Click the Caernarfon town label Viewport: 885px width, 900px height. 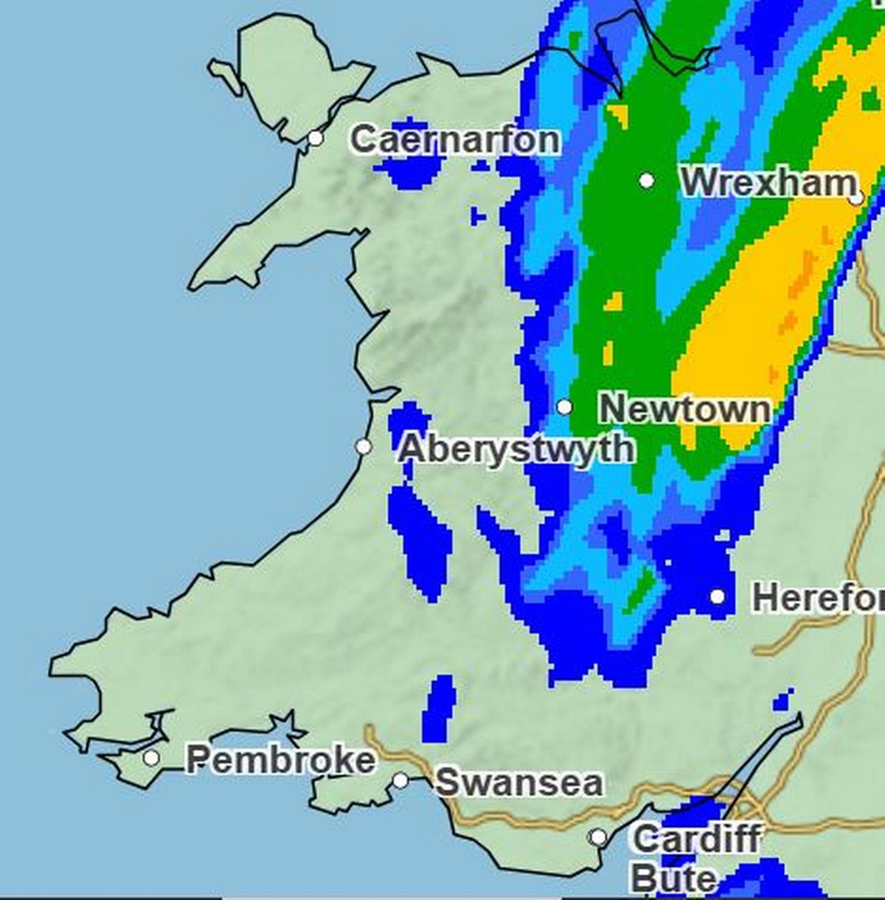[x=454, y=139]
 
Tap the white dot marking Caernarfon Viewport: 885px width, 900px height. [x=316, y=138]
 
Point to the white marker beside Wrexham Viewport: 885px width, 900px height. [x=647, y=180]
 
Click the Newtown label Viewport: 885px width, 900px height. [x=684, y=409]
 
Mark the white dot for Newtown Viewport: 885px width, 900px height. [x=564, y=406]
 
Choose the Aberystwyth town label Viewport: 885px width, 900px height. [x=516, y=449]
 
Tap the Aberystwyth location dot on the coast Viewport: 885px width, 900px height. [x=363, y=446]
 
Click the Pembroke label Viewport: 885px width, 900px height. [x=280, y=760]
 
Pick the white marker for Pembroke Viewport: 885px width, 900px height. [x=151, y=758]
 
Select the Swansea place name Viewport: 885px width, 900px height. [x=518, y=783]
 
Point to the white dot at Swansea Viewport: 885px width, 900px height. [x=400, y=780]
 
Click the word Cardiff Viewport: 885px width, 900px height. [x=696, y=839]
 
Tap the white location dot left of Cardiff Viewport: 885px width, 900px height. [x=599, y=837]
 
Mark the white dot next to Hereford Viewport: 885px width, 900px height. [x=718, y=596]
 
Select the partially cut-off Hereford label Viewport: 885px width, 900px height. [x=817, y=598]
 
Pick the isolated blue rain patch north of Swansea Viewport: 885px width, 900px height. [x=440, y=708]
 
